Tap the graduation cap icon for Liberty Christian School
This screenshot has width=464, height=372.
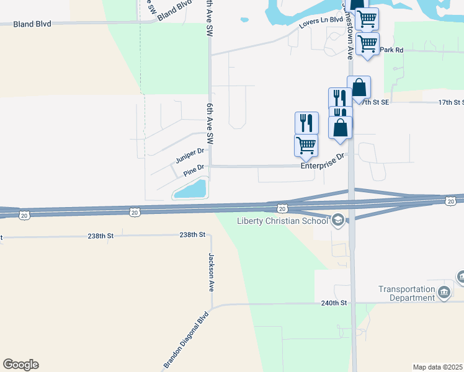338,219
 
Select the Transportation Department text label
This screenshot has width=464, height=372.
407,293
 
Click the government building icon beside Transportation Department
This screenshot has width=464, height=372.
444,292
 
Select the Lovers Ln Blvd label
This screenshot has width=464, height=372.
321,20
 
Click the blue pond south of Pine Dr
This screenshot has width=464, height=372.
191,188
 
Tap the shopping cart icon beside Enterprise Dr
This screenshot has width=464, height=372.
306,146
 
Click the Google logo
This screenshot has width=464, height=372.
20,365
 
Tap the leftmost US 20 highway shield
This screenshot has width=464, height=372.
24,215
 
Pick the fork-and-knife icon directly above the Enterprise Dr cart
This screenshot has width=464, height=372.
306,122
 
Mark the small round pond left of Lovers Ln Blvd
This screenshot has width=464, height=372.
244,20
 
